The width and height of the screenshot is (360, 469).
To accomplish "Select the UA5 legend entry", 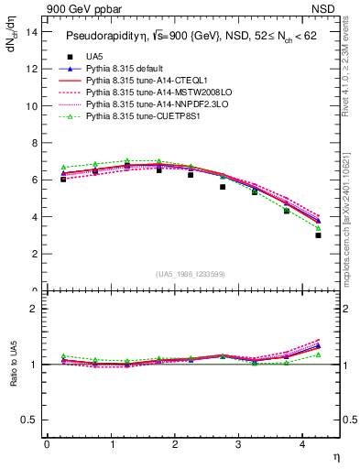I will pyautogui.click(x=95, y=57).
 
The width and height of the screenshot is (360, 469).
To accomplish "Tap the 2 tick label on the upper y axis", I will pyautogui.click(x=33, y=254).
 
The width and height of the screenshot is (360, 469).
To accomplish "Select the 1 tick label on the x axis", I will pyautogui.click(x=111, y=445).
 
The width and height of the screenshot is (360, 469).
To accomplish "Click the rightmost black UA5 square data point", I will pyautogui.click(x=318, y=235).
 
